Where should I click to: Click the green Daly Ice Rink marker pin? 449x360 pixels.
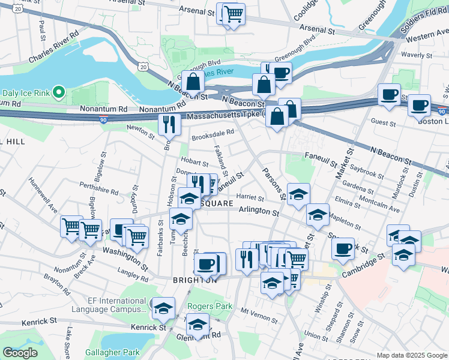point(58,92)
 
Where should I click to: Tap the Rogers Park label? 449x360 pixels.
point(209,306)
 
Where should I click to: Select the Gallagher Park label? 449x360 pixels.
point(112,353)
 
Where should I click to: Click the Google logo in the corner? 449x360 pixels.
point(20,353)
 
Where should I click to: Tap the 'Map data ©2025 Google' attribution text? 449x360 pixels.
point(412,355)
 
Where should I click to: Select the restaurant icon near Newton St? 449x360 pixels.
point(169,124)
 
